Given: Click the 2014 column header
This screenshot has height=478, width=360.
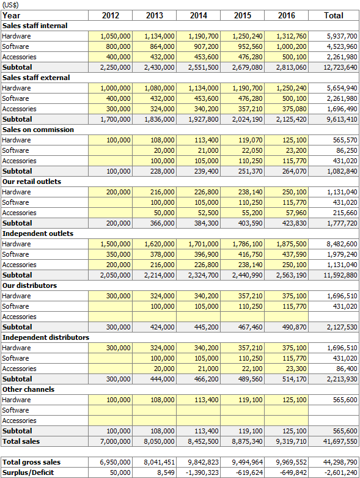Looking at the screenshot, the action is tap(199, 15).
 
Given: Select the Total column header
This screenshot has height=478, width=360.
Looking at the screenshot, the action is tap(334, 15).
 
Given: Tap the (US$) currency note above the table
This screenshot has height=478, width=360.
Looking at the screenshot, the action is tap(10, 5).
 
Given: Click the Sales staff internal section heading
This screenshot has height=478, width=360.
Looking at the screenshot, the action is tap(35, 26).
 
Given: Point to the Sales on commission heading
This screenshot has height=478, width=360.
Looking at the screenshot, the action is tap(38, 130).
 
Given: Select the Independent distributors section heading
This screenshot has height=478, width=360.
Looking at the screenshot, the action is tap(46, 337).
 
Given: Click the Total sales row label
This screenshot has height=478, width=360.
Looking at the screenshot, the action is tap(21, 441).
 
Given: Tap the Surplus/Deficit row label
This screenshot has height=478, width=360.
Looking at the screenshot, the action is tap(28, 472).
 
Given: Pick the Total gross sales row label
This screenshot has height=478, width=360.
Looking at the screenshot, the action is tap(31, 462).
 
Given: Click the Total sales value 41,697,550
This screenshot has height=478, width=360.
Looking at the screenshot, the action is tap(340, 441).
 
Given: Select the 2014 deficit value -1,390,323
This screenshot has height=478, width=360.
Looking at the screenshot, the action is tap(202, 473).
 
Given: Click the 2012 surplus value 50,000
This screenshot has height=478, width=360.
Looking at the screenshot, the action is tap(120, 473).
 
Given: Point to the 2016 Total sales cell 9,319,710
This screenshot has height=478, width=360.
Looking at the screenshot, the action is tap(291, 441).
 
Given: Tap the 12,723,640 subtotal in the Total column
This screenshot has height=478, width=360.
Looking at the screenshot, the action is tap(340, 67).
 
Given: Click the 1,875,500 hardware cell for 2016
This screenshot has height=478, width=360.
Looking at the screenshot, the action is tap(291, 244).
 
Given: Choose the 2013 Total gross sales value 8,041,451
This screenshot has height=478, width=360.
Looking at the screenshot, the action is tap(159, 463).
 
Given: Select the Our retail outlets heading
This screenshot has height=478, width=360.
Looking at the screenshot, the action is tap(32, 182).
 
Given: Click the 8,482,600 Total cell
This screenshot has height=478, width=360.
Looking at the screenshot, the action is tap(342, 244).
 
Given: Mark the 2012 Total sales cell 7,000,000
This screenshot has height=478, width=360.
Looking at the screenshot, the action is tap(116, 441).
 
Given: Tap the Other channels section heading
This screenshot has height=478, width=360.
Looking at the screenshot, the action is tap(28, 389).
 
